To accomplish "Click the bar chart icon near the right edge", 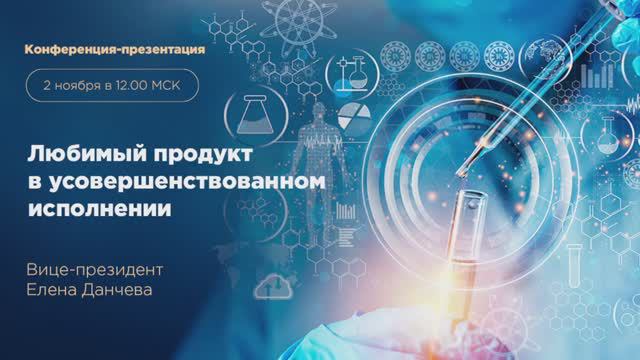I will point(598,74).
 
